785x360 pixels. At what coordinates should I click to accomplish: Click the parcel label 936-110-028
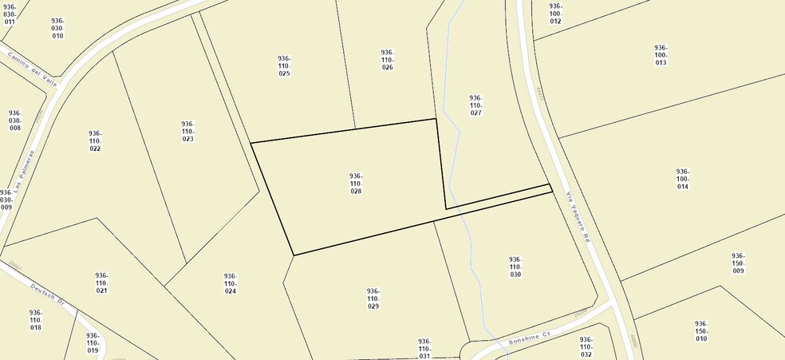tap(356, 184)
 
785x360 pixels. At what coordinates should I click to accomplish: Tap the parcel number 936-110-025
tap(284, 65)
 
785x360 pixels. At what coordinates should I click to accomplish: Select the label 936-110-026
tap(387, 59)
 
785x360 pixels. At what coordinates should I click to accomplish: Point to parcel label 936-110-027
tap(475, 105)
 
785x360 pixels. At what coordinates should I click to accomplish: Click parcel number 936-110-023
tap(187, 132)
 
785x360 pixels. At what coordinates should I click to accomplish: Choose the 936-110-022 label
tap(95, 141)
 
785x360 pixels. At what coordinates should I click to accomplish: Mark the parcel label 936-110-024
tap(230, 283)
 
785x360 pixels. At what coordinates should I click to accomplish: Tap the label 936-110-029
tap(373, 299)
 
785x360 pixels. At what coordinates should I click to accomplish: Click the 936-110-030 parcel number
tap(515, 267)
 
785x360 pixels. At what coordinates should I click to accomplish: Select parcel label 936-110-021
tap(101, 283)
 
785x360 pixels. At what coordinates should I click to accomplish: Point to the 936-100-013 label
tap(661, 55)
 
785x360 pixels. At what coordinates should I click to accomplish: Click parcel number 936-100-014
tap(682, 179)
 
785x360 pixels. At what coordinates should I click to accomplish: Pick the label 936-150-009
tap(738, 263)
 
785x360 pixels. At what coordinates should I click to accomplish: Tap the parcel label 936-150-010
tap(701, 331)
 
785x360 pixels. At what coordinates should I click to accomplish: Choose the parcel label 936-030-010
tap(57, 28)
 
